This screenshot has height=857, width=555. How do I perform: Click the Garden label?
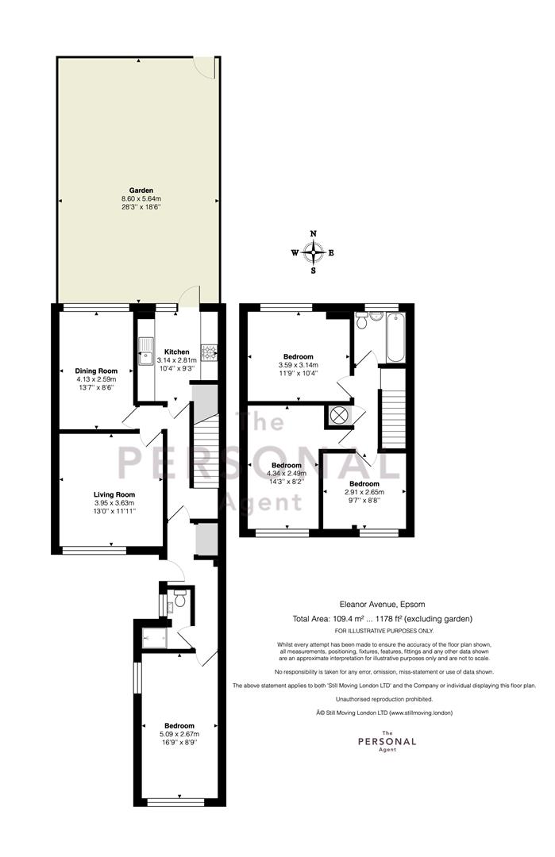tap(141, 190)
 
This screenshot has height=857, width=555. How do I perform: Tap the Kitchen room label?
tap(176, 352)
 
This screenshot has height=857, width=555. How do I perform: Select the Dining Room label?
tap(96, 371)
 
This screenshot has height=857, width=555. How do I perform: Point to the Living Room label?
tap(114, 494)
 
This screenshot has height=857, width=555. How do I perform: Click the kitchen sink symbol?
tap(145, 351)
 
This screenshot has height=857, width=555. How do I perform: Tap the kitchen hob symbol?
tap(210, 352)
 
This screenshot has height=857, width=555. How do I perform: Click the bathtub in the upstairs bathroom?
tap(395, 337)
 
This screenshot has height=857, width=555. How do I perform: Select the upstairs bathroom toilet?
tap(361, 321)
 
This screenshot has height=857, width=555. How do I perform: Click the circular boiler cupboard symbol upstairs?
tap(339, 415)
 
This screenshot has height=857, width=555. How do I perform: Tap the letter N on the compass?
tap(314, 233)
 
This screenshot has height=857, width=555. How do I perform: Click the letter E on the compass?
tap(331, 252)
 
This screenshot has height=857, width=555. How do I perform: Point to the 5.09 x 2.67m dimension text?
tap(179, 734)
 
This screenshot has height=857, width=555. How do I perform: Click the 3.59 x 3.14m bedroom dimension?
tap(298, 365)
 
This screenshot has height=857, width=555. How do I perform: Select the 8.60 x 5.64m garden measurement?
tap(141, 199)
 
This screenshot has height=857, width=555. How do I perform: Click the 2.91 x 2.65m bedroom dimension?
tap(364, 492)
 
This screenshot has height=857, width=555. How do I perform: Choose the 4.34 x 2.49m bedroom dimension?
tap(287, 473)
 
